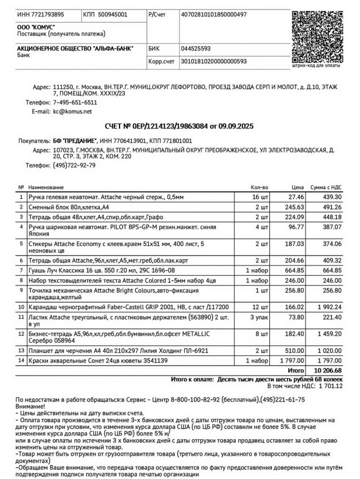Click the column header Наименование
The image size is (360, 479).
46,187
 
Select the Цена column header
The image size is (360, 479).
297,187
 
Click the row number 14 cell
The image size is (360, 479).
21,360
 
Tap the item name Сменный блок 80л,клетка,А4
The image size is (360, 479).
69,207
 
